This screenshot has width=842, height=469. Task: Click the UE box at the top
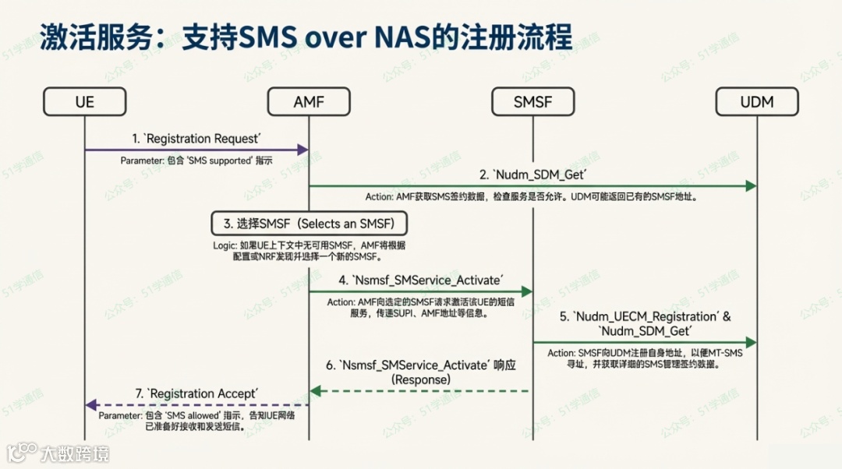tap(84, 101)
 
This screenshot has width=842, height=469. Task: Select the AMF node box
tap(309, 101)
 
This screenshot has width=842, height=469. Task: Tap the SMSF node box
tap(533, 101)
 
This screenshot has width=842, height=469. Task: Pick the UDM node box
tap(757, 101)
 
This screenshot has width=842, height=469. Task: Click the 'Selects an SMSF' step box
tap(310, 224)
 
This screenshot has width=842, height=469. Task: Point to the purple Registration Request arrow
tap(195, 149)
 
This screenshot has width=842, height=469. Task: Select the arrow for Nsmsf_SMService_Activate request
tap(421, 291)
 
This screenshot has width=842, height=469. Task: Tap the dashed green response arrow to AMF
tap(421, 390)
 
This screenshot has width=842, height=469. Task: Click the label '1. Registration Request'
tap(195, 139)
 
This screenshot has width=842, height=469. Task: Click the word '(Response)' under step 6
tap(421, 379)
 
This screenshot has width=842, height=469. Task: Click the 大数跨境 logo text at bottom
tap(74, 453)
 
